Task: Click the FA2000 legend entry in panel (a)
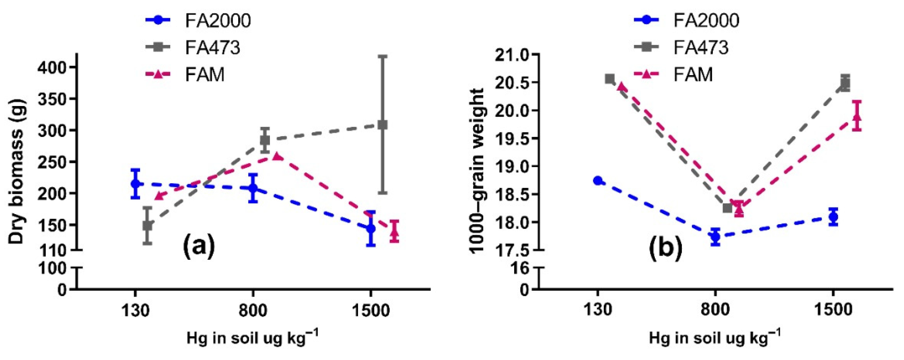point(218,21)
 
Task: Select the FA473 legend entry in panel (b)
point(700,47)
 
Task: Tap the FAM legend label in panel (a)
point(205,74)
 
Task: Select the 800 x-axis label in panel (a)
point(253,311)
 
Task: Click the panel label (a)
point(199,246)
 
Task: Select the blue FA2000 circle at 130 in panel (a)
point(136,183)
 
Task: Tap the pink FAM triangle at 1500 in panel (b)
point(857,117)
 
